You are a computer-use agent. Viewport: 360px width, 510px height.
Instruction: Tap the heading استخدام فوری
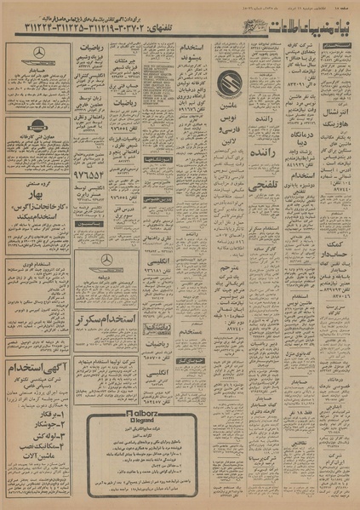[x=40, y=265]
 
